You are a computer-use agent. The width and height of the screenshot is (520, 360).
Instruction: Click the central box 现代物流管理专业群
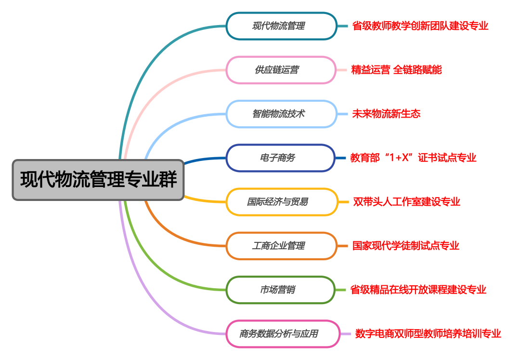98,180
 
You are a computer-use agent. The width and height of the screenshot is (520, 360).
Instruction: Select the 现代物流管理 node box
281,26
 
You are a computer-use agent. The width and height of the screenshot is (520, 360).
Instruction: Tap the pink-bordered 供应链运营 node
281,70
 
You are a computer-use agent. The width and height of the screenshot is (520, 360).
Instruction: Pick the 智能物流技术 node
281,114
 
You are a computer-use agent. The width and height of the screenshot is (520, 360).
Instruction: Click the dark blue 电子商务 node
280,158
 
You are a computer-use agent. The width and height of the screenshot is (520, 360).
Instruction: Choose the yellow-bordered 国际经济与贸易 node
282,202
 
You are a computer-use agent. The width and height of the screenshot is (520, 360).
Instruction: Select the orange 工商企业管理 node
282,246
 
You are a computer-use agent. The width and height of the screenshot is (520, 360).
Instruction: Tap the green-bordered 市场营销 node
280,290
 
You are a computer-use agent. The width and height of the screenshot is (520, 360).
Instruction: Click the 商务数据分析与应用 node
283,333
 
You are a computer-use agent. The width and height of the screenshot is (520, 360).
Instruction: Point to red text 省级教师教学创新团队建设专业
420,26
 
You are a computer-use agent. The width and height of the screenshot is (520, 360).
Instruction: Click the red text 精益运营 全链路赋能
396,70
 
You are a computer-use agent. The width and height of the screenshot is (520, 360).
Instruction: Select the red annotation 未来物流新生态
386,114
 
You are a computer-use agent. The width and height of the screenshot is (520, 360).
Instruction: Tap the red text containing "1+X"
413,158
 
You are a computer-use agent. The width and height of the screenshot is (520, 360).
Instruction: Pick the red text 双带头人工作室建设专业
406,201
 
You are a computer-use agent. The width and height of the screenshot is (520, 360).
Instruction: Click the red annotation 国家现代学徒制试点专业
406,246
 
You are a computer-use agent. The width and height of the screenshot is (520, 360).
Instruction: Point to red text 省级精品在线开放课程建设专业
418,290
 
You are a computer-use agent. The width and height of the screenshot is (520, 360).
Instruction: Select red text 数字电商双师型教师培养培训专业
428,333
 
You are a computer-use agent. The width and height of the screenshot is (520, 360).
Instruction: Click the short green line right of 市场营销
341,290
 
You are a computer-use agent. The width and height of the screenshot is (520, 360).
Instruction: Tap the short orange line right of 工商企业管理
343,246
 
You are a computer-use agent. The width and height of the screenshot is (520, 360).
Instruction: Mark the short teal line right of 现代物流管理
342,26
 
